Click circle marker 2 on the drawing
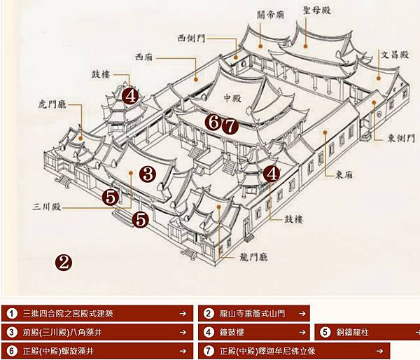click(63, 263)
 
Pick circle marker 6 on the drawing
click(214, 122)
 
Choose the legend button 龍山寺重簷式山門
click(254, 313)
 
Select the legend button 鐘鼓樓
click(254, 332)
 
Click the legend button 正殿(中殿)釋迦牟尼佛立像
click(294, 351)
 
